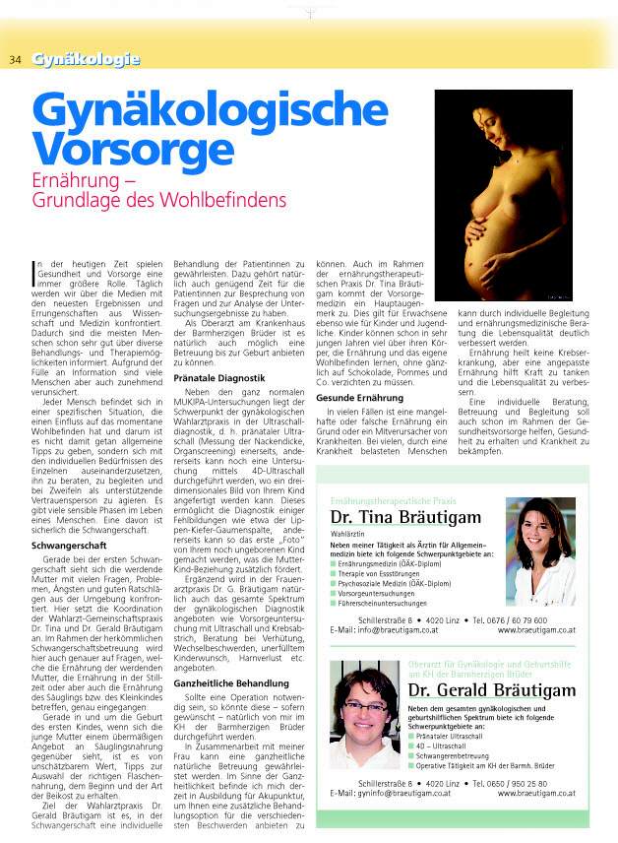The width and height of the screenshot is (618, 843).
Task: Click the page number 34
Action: coord(16,60)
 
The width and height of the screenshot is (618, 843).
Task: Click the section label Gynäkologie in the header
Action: coord(86,60)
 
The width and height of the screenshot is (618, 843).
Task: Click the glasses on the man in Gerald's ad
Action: coord(365,707)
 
